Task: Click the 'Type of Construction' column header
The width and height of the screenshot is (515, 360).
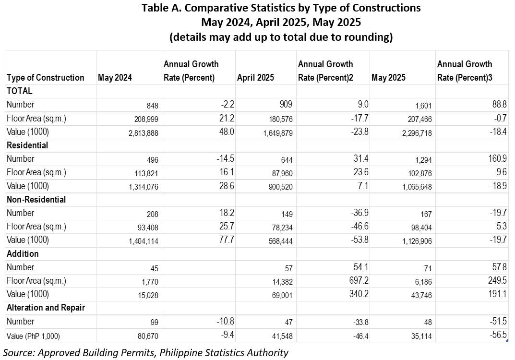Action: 45,77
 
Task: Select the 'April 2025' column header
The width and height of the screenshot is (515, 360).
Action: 255,77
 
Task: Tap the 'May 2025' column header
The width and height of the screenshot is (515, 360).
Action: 388,77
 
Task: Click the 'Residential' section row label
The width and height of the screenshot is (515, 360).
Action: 27,145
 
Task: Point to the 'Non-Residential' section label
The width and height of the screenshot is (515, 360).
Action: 36,199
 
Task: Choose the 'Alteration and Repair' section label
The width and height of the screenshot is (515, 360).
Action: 46,308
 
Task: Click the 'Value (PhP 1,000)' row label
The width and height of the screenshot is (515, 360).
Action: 33,336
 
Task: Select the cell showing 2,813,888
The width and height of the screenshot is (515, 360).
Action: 143,133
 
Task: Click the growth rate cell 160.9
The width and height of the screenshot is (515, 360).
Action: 497,159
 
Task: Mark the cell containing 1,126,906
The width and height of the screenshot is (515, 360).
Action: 417,241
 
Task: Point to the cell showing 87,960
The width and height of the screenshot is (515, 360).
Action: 280,173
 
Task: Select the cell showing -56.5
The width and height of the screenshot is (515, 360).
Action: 498,335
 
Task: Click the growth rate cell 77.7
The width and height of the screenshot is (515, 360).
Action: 227,240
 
